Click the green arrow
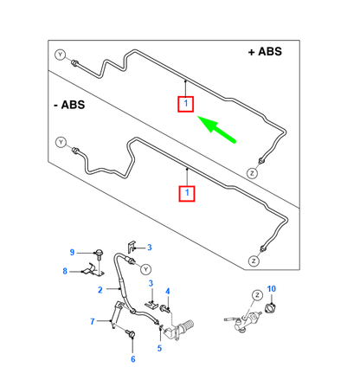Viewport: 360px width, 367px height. [x=216, y=129]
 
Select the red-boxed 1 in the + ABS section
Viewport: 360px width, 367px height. [x=185, y=104]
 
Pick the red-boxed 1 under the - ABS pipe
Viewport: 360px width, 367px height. [x=187, y=193]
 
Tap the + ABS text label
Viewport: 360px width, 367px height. [x=265, y=52]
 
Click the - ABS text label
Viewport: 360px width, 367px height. [x=69, y=105]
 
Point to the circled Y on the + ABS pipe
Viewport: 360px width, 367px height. [x=61, y=55]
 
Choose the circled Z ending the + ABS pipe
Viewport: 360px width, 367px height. [x=252, y=173]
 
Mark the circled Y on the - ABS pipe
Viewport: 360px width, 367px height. [x=61, y=142]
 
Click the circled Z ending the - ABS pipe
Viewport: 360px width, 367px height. [x=254, y=261]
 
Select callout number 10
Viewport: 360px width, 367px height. [x=271, y=288]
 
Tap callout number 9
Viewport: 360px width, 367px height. [x=72, y=253]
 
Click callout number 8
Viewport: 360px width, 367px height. [x=65, y=271]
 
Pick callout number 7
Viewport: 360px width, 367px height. [x=93, y=321]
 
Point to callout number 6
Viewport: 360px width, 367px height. [x=133, y=359]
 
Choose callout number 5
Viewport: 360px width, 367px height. [x=159, y=348]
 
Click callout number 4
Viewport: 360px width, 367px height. [x=168, y=292]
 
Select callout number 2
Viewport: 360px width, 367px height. [x=100, y=290]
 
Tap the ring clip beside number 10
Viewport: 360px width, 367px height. [x=271, y=308]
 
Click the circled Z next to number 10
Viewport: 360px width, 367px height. [x=257, y=295]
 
